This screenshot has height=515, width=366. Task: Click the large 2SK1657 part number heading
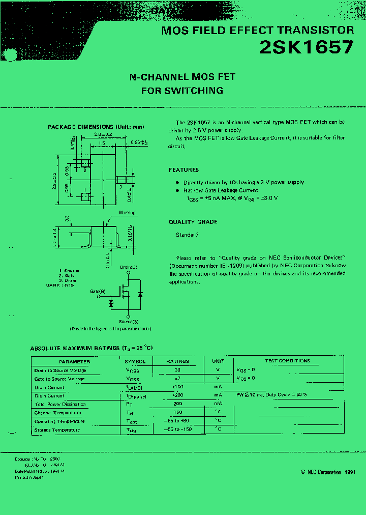pos(306,47)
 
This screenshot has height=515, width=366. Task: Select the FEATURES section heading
pos(184,170)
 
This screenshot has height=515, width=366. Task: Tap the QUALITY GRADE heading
pos(193,222)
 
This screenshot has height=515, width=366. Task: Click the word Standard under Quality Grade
pos(187,235)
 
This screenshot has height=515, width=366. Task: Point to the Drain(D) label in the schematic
pos(129,267)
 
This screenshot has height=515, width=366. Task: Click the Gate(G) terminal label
pos(98,292)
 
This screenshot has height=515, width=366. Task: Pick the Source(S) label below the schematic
pos(128,322)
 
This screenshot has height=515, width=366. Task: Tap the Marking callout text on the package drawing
pos(127,213)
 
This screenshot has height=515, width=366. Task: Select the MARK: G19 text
pos(59,285)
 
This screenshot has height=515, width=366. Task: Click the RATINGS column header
pos(177,361)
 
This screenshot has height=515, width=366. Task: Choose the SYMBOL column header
pos(135,361)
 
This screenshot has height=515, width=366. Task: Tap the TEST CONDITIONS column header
pos(287,361)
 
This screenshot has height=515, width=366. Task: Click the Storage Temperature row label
pos(57,430)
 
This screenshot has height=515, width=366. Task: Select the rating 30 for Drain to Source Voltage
pos(177,370)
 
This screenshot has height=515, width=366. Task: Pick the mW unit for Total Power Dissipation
pos(218,404)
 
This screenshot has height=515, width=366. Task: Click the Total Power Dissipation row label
pos(60,404)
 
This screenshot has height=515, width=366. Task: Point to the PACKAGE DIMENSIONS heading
pos(96,127)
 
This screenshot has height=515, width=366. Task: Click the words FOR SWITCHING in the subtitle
pos(182,91)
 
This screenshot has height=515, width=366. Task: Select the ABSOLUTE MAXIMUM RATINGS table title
pos(91,348)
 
